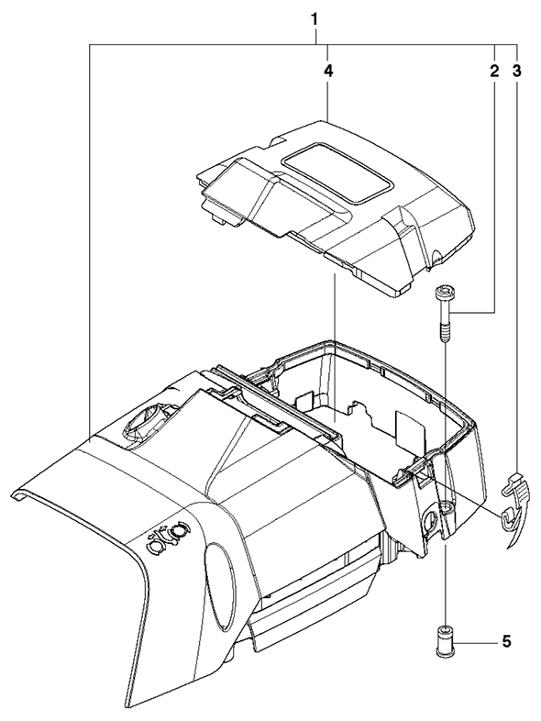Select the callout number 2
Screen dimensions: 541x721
point(494,72)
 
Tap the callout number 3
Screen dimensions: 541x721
point(517,72)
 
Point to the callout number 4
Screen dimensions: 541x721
point(327,72)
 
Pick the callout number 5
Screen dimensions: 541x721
point(506,641)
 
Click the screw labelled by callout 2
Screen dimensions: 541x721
point(444,314)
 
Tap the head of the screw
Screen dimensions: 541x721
point(444,292)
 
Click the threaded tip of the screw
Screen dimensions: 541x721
point(444,333)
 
